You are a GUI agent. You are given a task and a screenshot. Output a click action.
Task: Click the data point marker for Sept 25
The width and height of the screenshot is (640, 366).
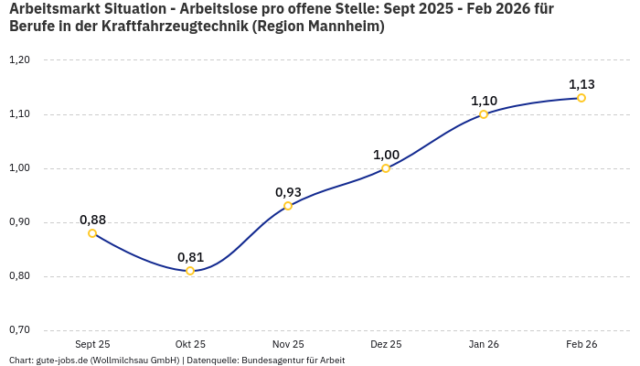[92, 233]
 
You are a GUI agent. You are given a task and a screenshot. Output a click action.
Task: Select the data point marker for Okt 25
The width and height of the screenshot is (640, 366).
[190, 271]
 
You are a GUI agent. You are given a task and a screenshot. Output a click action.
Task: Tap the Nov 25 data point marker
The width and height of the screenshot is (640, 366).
[288, 206]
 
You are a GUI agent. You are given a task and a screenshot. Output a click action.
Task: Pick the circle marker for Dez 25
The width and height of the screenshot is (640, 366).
[386, 168]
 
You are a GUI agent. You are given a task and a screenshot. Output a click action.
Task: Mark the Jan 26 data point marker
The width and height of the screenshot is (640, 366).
[484, 114]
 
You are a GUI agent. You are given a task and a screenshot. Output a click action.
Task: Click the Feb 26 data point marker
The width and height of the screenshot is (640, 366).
[581, 98]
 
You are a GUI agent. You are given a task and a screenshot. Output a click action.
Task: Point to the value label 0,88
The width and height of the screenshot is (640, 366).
[92, 220]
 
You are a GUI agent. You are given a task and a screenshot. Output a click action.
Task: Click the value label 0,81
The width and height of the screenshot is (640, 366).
[190, 257]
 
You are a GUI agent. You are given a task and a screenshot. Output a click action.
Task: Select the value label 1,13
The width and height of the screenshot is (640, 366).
[581, 84]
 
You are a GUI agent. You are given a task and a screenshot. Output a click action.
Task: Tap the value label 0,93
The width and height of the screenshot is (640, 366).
[288, 192]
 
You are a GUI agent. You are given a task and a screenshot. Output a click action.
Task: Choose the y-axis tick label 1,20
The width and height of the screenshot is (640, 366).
[19, 60]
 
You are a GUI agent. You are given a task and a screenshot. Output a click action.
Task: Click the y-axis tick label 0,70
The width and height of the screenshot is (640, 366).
[19, 330]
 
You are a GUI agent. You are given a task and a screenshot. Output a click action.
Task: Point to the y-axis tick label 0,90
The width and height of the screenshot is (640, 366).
[19, 222]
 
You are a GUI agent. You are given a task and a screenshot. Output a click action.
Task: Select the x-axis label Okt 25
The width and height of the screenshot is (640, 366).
[190, 344]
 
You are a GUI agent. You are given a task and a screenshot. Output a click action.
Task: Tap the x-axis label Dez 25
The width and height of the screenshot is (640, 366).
[386, 344]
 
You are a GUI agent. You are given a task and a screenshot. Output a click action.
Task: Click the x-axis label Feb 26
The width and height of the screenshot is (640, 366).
[581, 344]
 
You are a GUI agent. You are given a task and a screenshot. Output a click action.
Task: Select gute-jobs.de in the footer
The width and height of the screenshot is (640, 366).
[61, 361]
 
